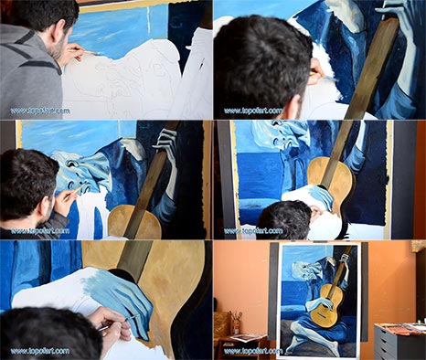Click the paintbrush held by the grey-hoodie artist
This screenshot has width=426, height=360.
point(86,52)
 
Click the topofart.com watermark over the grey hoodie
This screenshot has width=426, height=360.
point(40,111)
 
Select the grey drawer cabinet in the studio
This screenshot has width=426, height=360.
point(399,342)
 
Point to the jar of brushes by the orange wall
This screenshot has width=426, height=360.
point(235,323)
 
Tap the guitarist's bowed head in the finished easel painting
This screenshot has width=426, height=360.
point(306,270)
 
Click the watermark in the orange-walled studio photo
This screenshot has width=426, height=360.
point(253,351)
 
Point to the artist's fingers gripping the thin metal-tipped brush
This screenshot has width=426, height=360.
point(112,329)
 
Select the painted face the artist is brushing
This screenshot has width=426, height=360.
point(80,172)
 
